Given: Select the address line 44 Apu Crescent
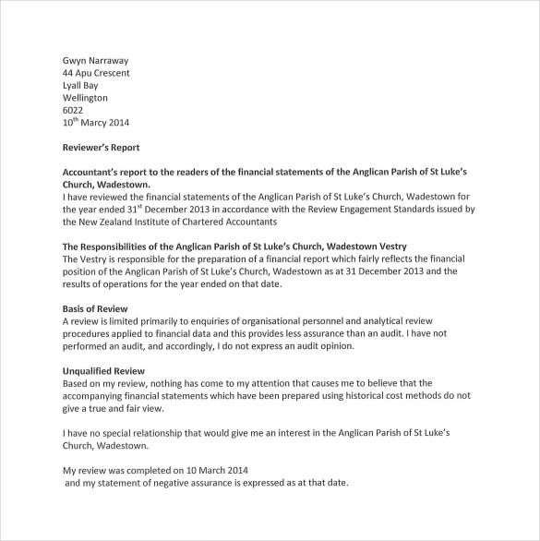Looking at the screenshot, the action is (96, 73).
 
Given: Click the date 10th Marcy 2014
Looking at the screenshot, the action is (96, 122).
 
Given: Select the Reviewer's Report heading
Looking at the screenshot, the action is (101, 147).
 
